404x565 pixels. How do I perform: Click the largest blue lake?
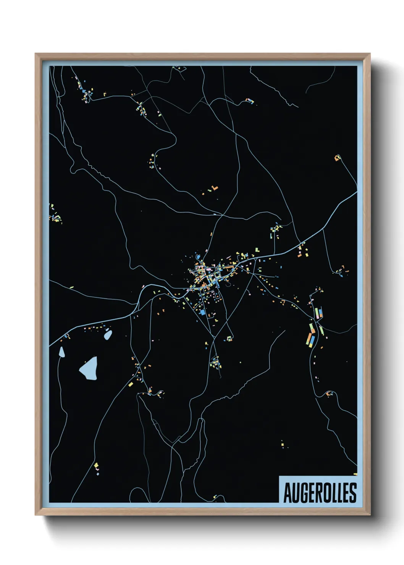89,369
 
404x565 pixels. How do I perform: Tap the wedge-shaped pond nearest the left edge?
61,352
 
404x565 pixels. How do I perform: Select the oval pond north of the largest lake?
108,335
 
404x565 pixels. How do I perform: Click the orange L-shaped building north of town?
215,187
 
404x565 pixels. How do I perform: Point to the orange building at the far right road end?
337,158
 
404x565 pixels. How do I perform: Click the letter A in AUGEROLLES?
288,493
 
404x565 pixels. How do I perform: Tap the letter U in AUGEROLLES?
296,493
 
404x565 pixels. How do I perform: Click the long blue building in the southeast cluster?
313,339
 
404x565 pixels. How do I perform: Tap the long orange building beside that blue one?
309,338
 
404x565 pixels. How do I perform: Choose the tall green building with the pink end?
317,314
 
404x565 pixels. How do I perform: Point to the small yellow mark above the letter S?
355,474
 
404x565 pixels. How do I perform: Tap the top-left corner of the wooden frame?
36,54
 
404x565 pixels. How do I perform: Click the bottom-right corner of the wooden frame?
370,515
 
